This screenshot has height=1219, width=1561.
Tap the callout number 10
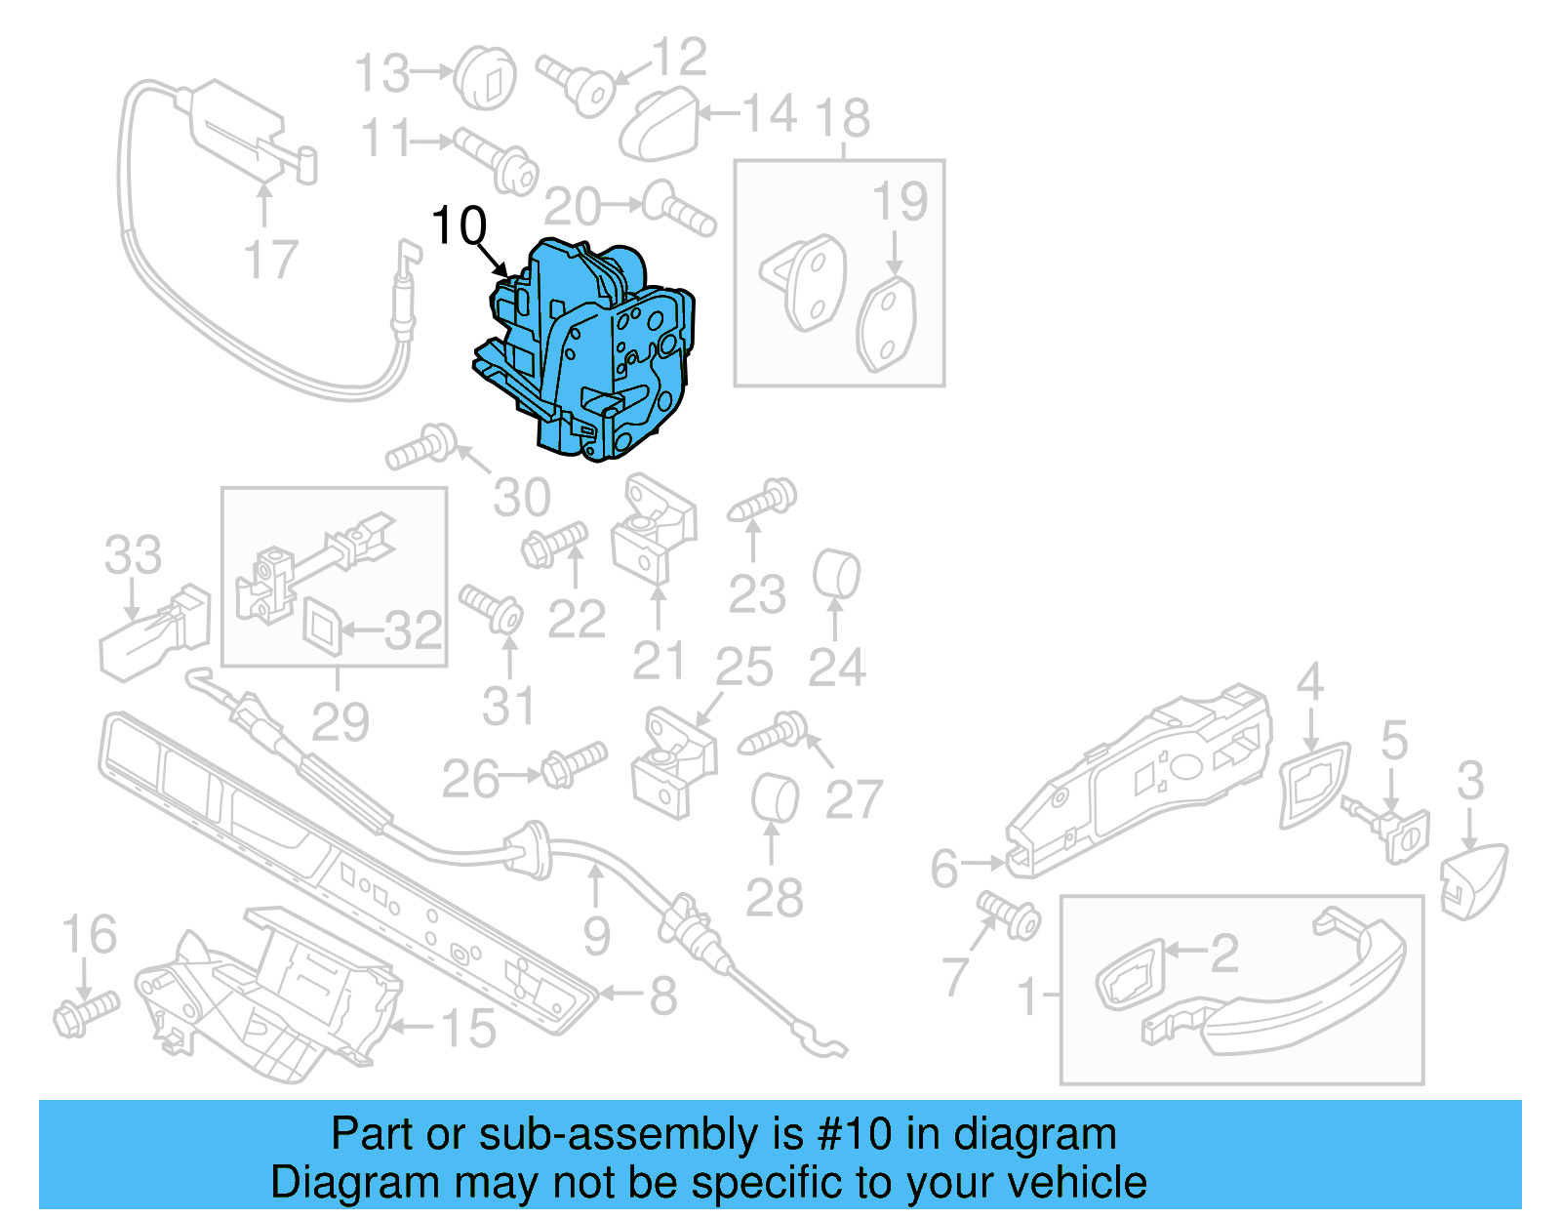click(458, 226)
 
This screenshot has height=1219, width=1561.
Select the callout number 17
click(270, 261)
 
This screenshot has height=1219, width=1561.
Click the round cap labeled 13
click(486, 76)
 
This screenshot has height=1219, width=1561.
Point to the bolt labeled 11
click(498, 161)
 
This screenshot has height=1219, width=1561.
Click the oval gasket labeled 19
click(887, 325)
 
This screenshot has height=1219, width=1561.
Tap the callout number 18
click(843, 119)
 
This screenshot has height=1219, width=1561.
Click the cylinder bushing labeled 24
click(836, 575)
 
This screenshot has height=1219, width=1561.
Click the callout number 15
click(468, 1029)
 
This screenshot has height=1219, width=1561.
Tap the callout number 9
click(596, 936)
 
